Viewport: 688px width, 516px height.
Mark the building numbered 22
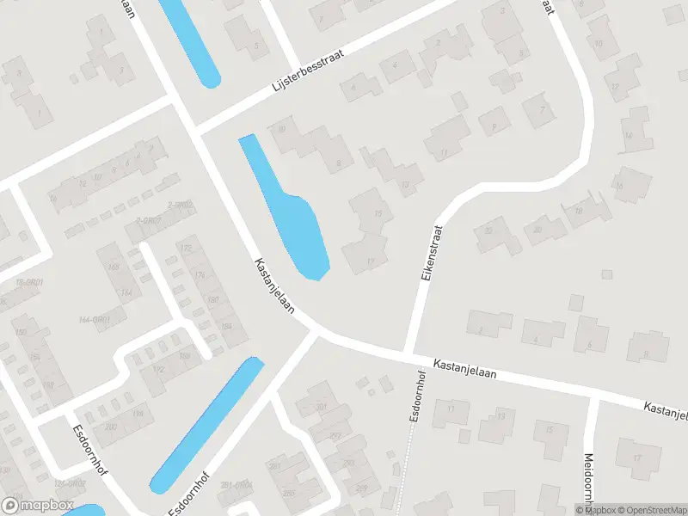pos(490,231)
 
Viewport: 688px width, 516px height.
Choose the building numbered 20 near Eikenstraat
pos(538,230)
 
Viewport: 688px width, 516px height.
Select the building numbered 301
pos(322,406)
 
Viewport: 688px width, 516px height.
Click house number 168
pos(113,267)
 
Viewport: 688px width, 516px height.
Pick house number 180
pos(212,299)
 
